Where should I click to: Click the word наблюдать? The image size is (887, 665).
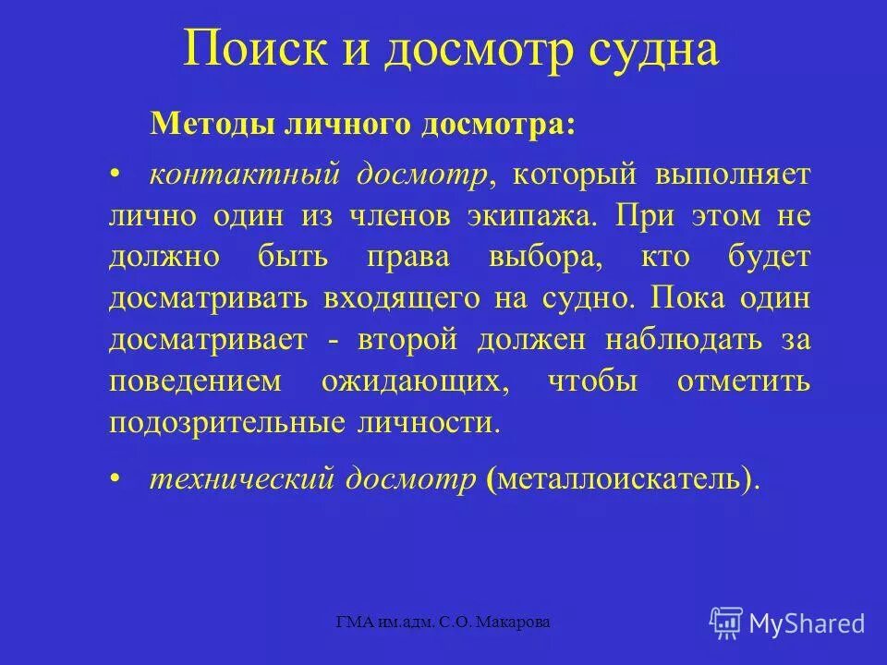[684, 340]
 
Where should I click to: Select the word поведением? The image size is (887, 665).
[184, 381]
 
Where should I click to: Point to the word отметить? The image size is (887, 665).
[744, 381]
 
